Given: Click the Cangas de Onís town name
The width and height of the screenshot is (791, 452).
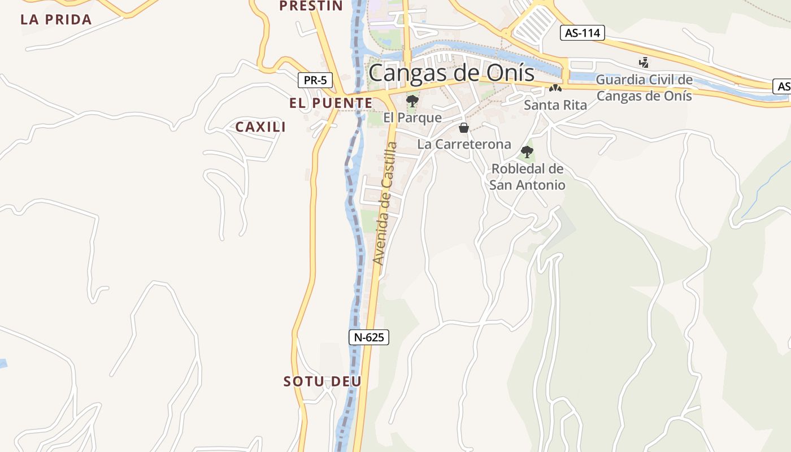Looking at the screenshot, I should click(x=451, y=73).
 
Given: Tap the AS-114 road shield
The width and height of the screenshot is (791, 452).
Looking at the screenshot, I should click(x=583, y=33).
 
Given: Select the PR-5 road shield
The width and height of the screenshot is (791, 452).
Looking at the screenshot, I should click(x=315, y=80).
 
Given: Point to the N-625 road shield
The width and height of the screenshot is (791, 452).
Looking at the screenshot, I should click(x=369, y=337).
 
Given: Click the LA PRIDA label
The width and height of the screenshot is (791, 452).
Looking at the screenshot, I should click(x=56, y=20).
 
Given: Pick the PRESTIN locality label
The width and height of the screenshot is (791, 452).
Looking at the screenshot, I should click(x=311, y=6).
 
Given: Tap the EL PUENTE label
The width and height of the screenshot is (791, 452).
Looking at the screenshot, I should click(x=331, y=103).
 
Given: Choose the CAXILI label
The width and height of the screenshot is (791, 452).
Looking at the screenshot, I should click(x=260, y=127).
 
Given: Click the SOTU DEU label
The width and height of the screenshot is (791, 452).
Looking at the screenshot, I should click(x=322, y=381).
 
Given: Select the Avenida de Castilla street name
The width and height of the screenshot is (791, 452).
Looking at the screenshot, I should click(x=386, y=203).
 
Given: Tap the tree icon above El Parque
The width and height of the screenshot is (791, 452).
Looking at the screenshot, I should click(x=412, y=101).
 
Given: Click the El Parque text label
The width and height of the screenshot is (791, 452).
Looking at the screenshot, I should click(x=412, y=118).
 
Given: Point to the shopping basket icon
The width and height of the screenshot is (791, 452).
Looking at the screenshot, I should click(x=464, y=128).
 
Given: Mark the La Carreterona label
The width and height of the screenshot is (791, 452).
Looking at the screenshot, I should click(x=464, y=144).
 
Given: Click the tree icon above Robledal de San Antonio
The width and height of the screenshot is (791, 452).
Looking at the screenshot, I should click(x=527, y=151).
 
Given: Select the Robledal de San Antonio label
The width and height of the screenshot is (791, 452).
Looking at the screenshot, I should click(x=527, y=176).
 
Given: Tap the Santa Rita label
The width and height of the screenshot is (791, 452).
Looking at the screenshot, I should click(x=555, y=105).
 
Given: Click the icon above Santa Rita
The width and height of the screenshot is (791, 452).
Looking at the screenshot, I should click(x=555, y=89).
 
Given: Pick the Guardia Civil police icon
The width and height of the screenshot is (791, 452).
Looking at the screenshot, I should click(x=644, y=62).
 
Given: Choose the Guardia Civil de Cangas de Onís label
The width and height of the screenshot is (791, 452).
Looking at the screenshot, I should click(x=644, y=88).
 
